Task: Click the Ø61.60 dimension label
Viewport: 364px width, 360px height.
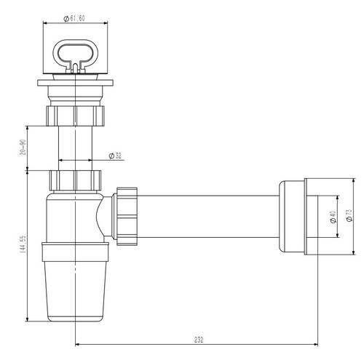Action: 74,18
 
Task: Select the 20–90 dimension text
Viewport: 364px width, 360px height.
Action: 23,148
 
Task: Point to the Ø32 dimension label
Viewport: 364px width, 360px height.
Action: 115,156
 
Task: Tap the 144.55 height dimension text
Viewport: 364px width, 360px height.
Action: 23,244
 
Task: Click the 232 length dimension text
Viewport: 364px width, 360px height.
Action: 199,340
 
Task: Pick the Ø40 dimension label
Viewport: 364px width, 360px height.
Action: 333,217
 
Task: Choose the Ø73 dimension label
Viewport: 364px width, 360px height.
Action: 349,215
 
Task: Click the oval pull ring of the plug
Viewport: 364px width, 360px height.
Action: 76,55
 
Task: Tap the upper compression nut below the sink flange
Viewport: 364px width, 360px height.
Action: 75,116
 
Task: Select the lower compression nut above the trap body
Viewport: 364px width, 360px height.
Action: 75,180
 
